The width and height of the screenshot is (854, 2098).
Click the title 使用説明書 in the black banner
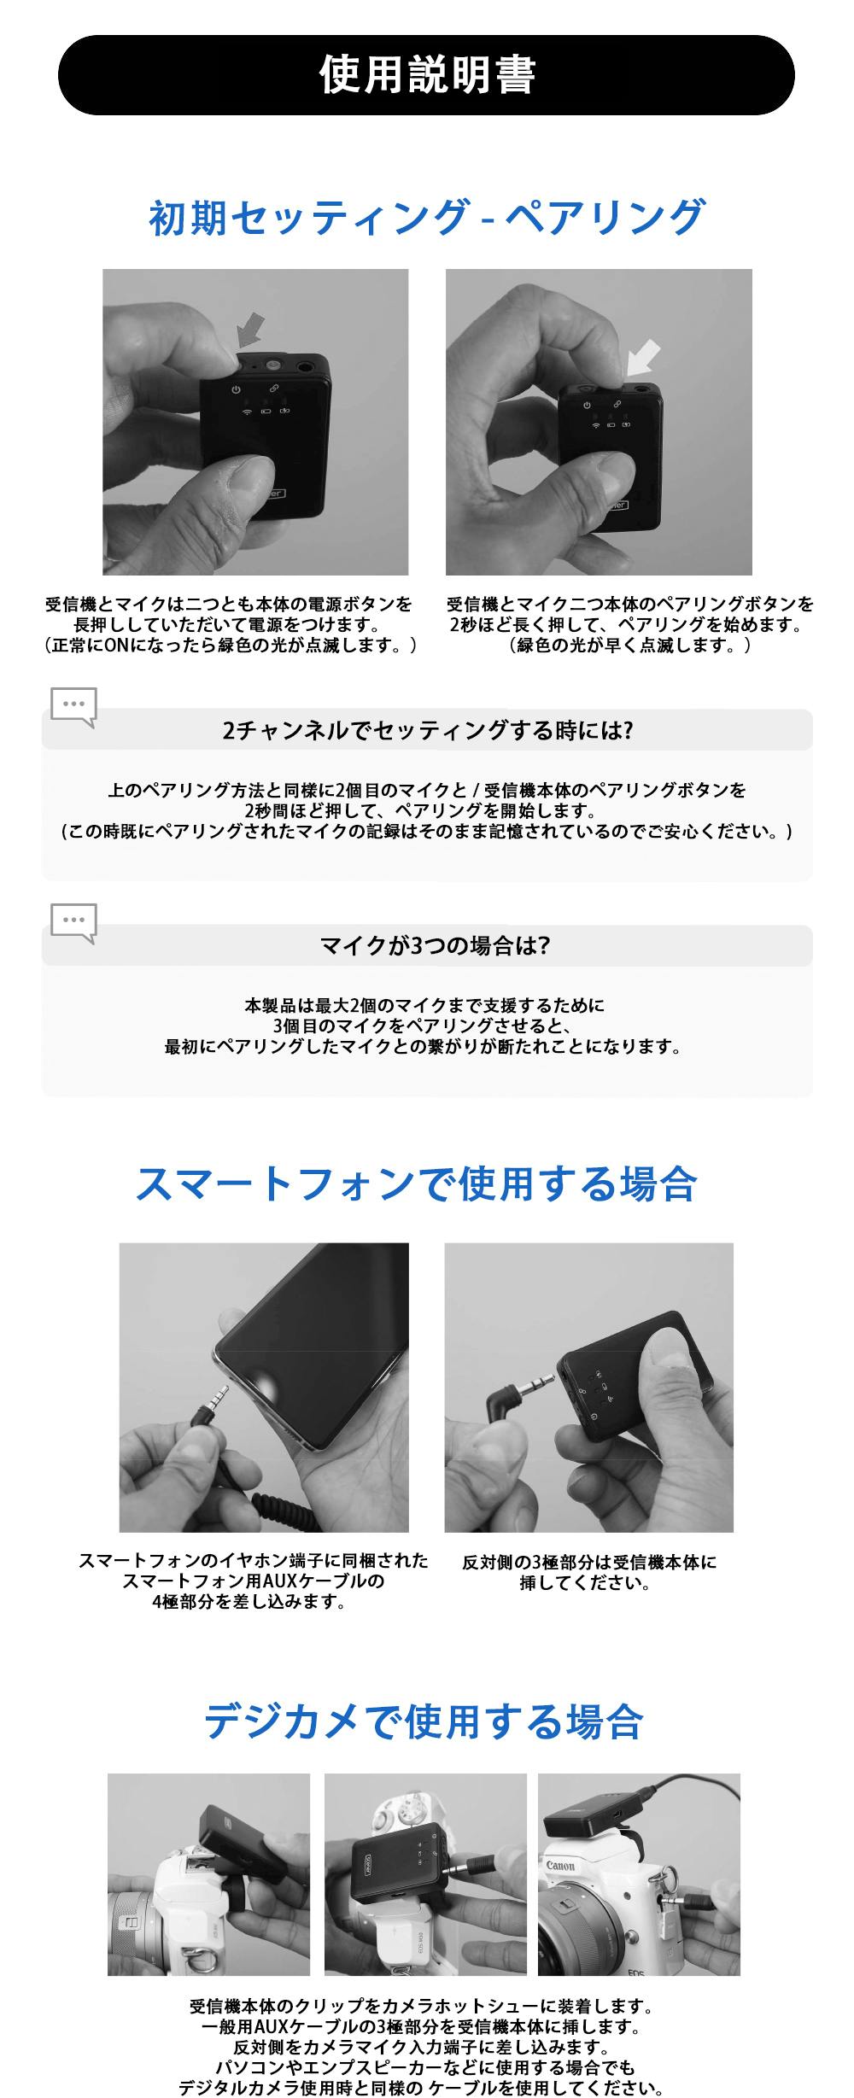pyautogui.click(x=427, y=75)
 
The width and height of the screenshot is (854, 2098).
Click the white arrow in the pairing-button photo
pyautogui.click(x=644, y=357)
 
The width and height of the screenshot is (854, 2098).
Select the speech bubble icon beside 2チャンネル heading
pyautogui.click(x=73, y=707)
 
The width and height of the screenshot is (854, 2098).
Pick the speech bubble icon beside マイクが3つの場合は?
pyautogui.click(x=73, y=924)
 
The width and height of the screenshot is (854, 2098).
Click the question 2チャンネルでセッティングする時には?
pyautogui.click(x=427, y=730)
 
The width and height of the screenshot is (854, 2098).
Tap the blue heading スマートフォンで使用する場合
pyautogui.click(x=417, y=1183)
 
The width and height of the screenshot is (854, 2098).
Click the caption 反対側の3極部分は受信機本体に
pyautogui.click(x=589, y=1562)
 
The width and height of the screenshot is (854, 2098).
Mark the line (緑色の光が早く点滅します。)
pyautogui.click(x=630, y=645)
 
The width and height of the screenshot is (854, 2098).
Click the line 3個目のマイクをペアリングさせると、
pyautogui.click(x=424, y=1026)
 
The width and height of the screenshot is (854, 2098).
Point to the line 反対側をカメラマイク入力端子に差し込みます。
pyautogui.click(x=424, y=2047)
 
